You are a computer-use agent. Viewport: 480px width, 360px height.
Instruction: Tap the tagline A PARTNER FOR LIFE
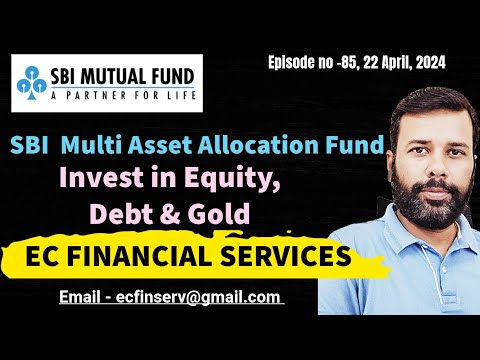click(117, 97)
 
